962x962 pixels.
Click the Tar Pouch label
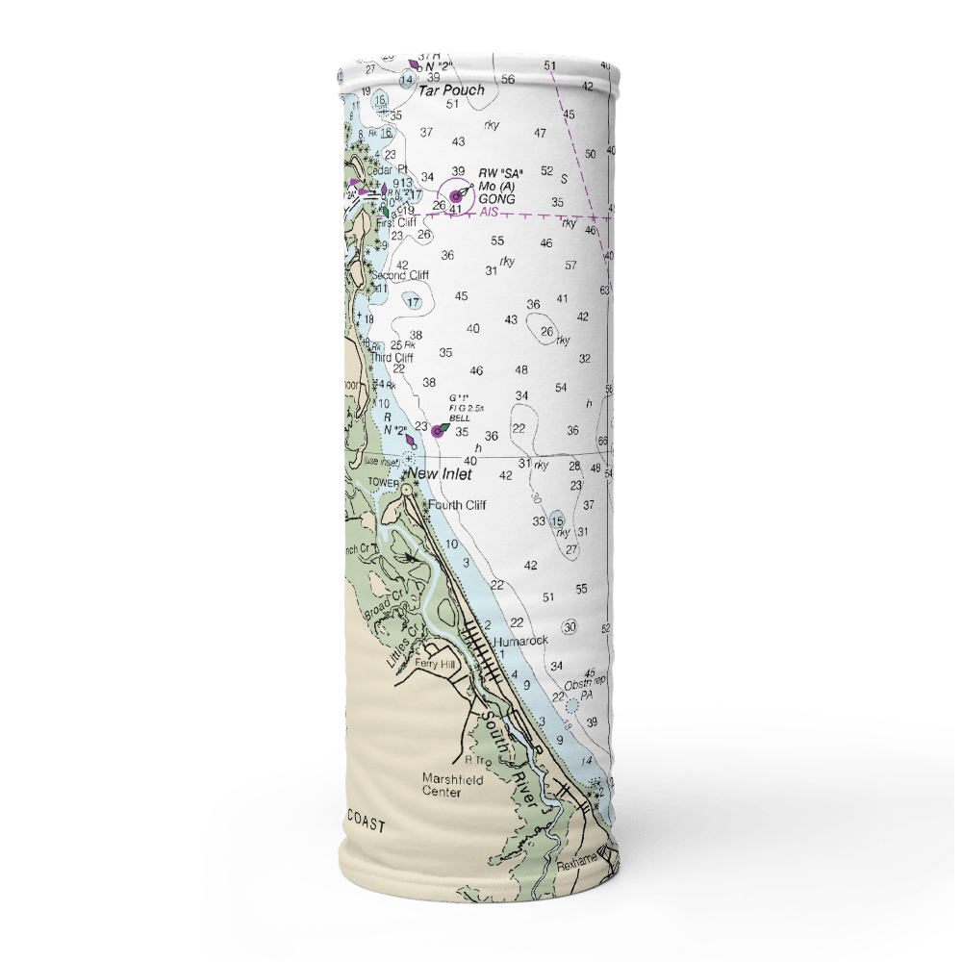pos(451,90)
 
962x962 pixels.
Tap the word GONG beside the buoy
pos(496,199)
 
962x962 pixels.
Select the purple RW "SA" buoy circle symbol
pos(456,196)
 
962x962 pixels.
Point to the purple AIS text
pos(489,211)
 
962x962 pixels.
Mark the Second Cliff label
pos(400,275)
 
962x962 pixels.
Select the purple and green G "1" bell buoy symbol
pos(439,431)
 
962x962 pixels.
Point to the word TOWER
pos(383,483)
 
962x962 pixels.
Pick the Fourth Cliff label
pos(457,505)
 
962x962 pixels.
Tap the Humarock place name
pos(520,640)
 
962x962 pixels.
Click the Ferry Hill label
pos(436,664)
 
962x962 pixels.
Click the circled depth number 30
pos(570,627)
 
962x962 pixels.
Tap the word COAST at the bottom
pos(366,826)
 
